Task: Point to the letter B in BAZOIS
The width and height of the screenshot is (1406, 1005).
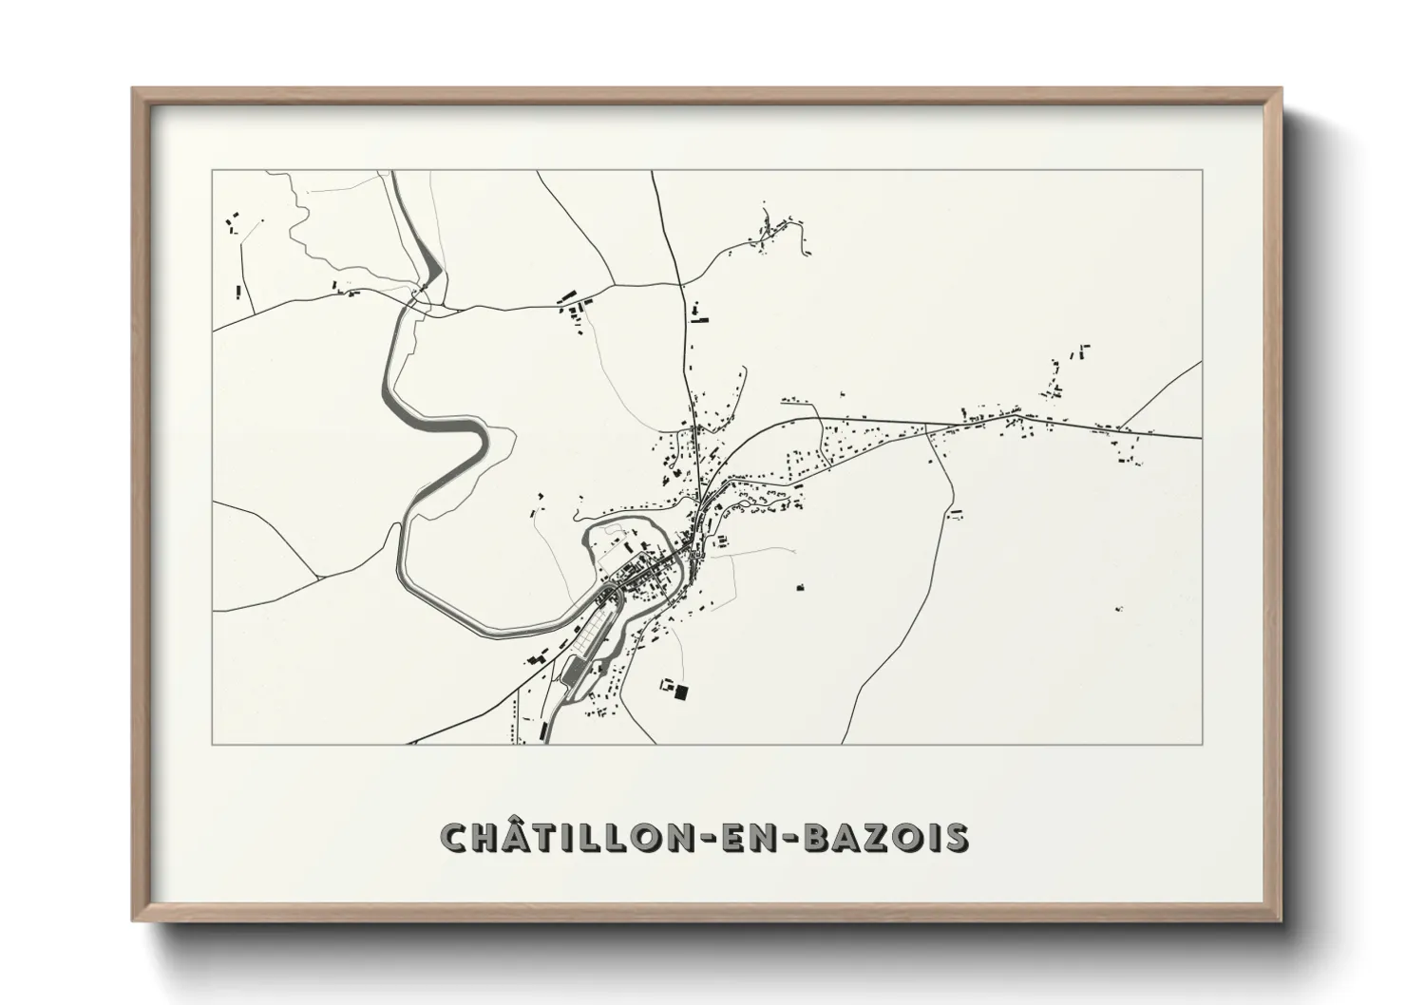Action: [816, 837]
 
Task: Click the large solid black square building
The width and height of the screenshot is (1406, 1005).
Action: [680, 693]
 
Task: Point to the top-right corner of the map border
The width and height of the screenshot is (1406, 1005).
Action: [1202, 170]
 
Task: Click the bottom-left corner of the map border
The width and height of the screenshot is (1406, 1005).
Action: [213, 744]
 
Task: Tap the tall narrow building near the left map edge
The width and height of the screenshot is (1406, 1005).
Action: [237, 290]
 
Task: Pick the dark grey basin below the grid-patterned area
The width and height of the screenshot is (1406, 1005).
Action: [573, 672]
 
